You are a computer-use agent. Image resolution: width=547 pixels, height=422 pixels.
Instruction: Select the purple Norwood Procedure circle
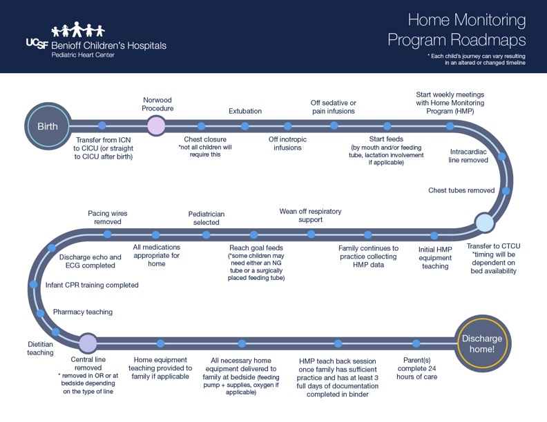pyautogui.click(x=157, y=125)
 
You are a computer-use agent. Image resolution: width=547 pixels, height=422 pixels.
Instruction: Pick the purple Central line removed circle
pyautogui.click(x=88, y=343)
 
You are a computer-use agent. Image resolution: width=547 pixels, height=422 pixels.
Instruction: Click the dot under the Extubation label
pyautogui.click(x=244, y=126)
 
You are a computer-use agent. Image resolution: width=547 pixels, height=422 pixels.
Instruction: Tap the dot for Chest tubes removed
pyautogui.click(x=506, y=190)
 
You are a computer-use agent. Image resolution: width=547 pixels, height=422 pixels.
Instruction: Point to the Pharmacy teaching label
pyautogui.click(x=83, y=312)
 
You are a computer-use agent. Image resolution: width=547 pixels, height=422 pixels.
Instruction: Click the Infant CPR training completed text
pyautogui.click(x=92, y=285)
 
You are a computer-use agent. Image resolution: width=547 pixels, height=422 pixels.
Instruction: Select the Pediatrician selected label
pyautogui.click(x=207, y=218)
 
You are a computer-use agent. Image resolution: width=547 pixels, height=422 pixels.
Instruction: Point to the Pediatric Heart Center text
pyautogui.click(x=83, y=55)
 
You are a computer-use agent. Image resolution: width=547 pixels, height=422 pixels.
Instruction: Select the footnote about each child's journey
pyautogui.click(x=476, y=59)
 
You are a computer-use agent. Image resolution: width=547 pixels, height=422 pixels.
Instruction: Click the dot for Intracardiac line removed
pyautogui.click(x=501, y=157)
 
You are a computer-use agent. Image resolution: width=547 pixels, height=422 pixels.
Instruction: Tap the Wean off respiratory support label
pyautogui.click(x=311, y=215)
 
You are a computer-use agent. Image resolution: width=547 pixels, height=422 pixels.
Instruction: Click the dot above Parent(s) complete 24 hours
pyautogui.click(x=416, y=343)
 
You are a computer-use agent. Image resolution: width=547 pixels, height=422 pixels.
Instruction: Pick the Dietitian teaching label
pyautogui.click(x=40, y=348)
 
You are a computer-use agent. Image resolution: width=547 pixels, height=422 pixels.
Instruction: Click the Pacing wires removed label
pyautogui.click(x=108, y=217)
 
